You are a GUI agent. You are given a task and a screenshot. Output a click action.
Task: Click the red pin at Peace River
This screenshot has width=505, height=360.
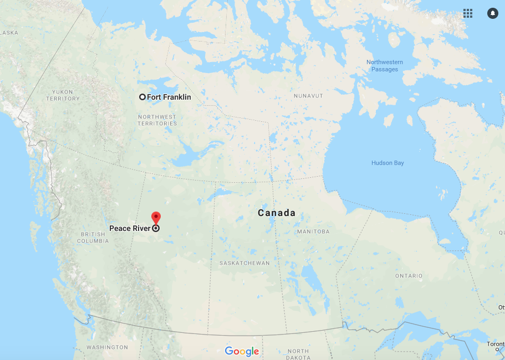(156, 217)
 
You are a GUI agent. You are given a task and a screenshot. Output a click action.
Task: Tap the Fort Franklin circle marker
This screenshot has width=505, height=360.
(142, 97)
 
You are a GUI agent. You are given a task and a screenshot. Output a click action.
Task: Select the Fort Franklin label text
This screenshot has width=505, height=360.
(169, 97)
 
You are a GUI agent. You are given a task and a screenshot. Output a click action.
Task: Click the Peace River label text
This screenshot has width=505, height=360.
(130, 228)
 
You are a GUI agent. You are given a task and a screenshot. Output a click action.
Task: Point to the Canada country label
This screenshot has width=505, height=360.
(277, 213)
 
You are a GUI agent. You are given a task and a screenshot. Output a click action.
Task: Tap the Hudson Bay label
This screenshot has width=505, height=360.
(387, 163)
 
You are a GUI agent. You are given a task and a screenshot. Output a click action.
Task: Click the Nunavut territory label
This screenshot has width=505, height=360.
(308, 96)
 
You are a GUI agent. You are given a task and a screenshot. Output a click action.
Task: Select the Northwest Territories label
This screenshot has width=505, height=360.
(157, 120)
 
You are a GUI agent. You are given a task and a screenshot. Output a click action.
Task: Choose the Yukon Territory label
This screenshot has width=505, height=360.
(63, 95)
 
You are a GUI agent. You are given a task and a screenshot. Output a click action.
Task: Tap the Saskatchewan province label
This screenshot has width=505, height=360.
(244, 263)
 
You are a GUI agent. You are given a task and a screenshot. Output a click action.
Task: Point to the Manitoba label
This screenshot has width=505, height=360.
(313, 232)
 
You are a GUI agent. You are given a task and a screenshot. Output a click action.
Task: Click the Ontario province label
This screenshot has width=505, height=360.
(409, 276)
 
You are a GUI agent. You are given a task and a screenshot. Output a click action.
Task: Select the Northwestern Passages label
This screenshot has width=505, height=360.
(385, 65)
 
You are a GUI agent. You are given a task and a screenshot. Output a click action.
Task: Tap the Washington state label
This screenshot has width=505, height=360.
(107, 347)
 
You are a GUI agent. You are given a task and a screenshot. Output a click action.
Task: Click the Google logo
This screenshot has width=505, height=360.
(242, 351)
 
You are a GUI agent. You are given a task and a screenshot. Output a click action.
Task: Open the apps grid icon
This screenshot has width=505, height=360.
(468, 13)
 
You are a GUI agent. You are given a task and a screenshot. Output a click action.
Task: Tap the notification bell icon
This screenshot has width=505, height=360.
(492, 13)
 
